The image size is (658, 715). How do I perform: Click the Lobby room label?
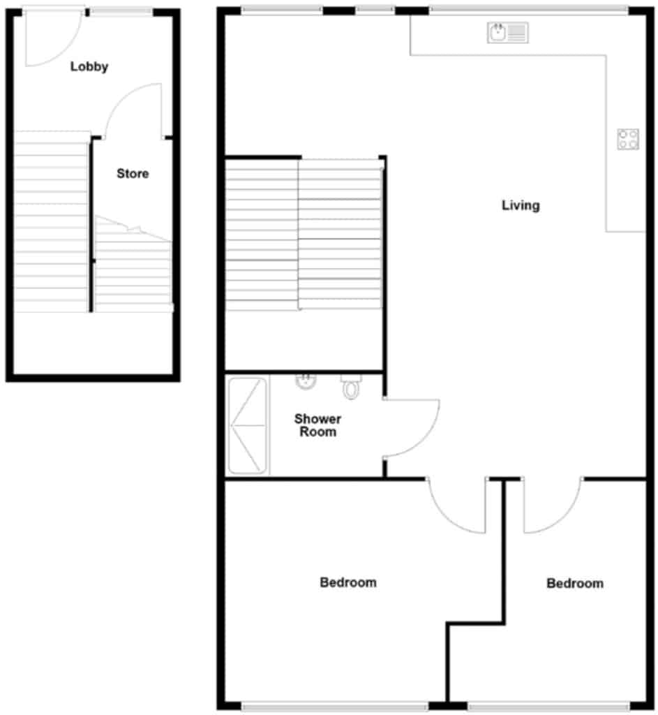pos(89,67)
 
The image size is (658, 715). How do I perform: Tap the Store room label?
pos(133,173)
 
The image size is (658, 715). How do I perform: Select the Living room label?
pos(521,205)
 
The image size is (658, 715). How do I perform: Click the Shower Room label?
pos(317,425)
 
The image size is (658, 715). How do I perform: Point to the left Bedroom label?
pos(348,582)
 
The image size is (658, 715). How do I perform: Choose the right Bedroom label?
pos(575,583)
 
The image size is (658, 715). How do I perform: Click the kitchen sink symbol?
pos(508,32)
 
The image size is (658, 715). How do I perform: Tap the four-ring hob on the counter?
pos(628,139)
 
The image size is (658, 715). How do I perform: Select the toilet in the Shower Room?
pos(350,387)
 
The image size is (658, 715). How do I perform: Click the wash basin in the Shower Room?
pos(305,382)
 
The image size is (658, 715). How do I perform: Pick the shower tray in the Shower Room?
pos(248,426)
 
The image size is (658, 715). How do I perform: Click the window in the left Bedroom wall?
pos(335,707)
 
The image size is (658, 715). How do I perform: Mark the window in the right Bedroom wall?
pos(551,707)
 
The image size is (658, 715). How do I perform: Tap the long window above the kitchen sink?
pos(528,10)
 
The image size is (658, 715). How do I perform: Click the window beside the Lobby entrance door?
pos(121,11)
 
